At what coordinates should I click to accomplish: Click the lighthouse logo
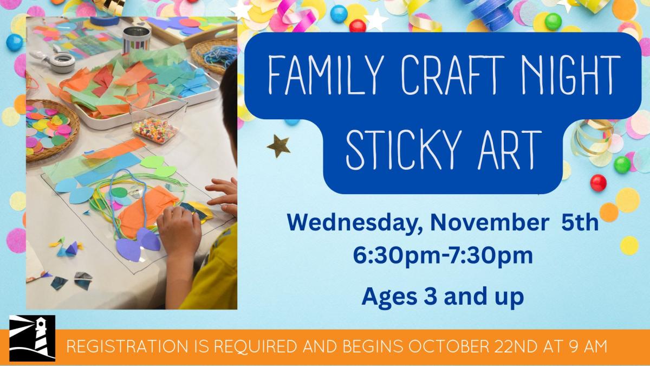pos(32,339)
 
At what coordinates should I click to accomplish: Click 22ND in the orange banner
pos(514,346)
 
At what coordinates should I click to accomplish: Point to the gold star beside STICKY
pos(278,146)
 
